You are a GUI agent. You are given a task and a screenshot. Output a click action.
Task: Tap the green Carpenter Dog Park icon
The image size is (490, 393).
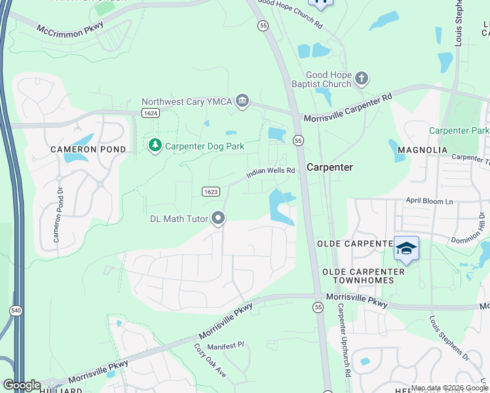coord(155,145)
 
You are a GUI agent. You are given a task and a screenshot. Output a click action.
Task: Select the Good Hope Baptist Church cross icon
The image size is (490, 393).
coord(361,80)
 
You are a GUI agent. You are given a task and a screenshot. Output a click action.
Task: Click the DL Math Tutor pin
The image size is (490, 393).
coord(218,218)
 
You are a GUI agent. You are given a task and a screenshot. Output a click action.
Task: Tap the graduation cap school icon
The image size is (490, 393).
coord(406,248)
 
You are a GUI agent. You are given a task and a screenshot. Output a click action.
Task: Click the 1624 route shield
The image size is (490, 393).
coord(151,113)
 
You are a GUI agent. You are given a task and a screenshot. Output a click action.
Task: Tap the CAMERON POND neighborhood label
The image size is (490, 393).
coord(79,149)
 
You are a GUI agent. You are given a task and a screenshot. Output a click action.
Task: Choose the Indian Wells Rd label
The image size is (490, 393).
coord(271,173)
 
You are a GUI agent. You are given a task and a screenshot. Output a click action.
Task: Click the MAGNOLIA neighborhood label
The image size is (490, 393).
coord(423,150)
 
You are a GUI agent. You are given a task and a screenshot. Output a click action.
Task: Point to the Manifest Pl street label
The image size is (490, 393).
coord(225,345)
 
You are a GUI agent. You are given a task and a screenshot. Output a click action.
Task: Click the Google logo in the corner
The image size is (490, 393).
coord(22,385)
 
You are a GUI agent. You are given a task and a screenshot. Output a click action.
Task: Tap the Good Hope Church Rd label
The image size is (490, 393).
coord(290,12)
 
